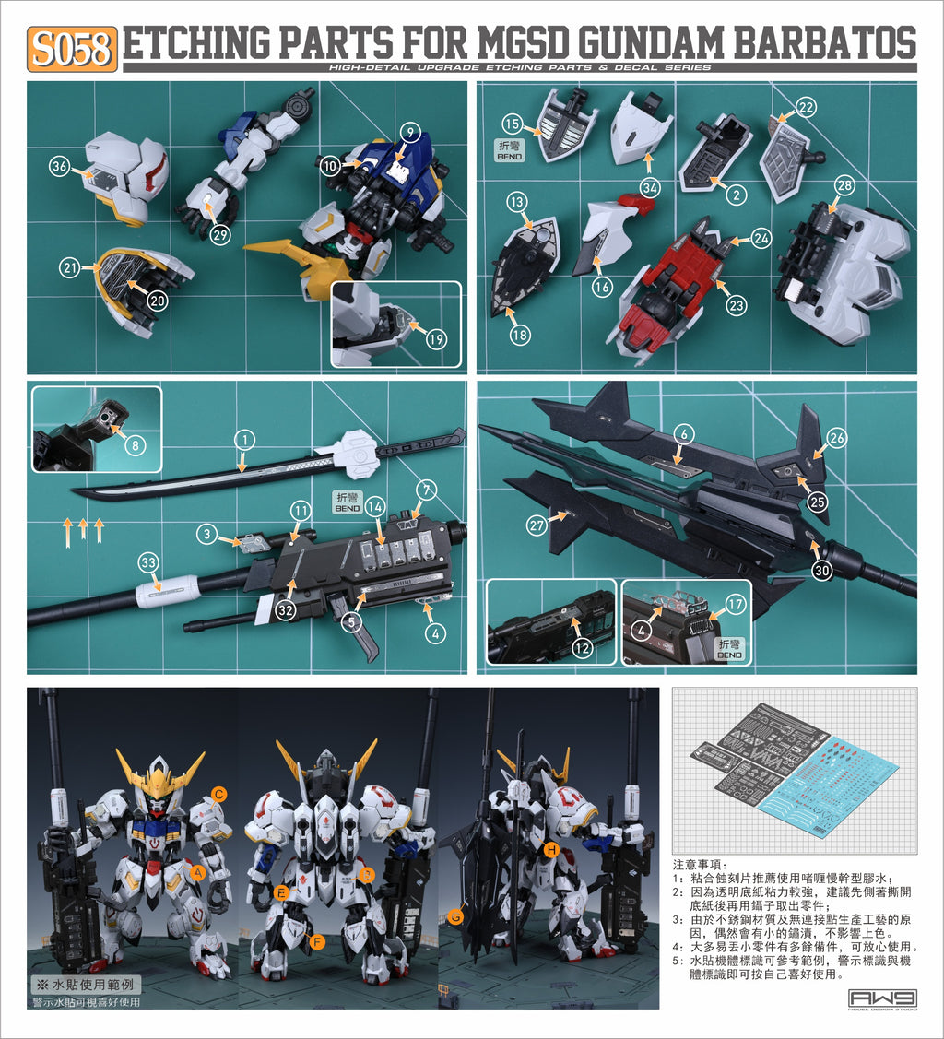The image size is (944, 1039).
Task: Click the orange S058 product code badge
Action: (x=73, y=49)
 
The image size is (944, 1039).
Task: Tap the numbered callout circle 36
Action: (x=60, y=167)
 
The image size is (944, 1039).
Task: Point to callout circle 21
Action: (x=70, y=267)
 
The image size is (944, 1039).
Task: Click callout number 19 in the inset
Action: (x=436, y=338)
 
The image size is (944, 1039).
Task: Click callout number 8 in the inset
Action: (x=134, y=445)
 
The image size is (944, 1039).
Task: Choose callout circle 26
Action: (x=836, y=439)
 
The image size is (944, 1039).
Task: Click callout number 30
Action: (x=822, y=571)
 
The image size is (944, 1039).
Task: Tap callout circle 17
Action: (x=735, y=606)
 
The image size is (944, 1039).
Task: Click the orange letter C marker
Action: (x=218, y=793)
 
